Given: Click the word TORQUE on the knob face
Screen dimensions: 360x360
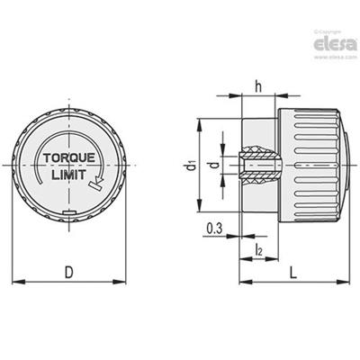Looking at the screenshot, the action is pos(69,157).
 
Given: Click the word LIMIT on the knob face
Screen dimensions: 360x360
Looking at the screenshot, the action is pos(69,175).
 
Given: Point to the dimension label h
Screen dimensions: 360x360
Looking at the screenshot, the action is pos(258,86).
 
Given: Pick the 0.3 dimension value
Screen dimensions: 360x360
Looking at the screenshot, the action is pos(214,229).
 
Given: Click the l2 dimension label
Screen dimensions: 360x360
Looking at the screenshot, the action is pos(258,249).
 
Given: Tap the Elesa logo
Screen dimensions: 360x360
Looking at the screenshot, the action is pos(336,44).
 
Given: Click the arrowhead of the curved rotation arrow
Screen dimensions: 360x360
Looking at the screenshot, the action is pos(99,180).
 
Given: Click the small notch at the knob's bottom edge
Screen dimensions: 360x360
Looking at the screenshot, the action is pos(69,212).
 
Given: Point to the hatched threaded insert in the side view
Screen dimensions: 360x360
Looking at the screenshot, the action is pos(260,166).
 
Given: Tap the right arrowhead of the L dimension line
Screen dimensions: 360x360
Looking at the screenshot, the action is pos(344,282).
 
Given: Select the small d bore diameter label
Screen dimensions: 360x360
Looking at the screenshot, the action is pos(213,165).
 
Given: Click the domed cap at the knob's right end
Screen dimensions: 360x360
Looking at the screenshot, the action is pos(346,165).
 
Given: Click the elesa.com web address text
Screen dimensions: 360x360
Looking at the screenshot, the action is pos(336,57).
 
